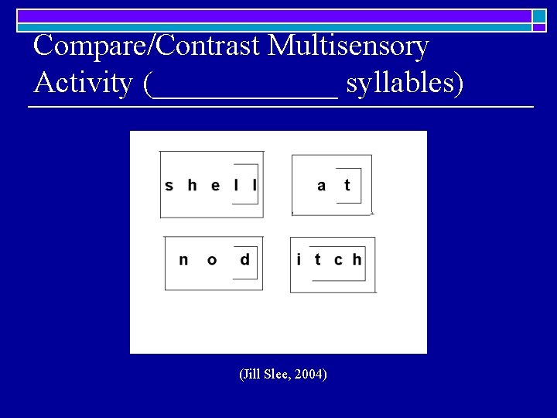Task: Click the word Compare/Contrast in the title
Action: pyautogui.click(x=148, y=46)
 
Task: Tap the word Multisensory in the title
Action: pyautogui.click(x=348, y=46)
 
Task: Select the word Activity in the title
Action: pyautogui.click(x=84, y=82)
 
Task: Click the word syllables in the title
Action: pyautogui.click(x=405, y=83)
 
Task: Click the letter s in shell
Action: pyautogui.click(x=169, y=186)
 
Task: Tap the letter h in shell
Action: pyautogui.click(x=192, y=185)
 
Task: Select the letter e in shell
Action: pyautogui.click(x=215, y=186)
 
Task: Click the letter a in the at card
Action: pyautogui.click(x=322, y=186)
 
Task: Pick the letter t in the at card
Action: pyautogui.click(x=347, y=185)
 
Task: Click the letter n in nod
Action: pyautogui.click(x=183, y=260)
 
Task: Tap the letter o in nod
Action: pyautogui.click(x=212, y=260)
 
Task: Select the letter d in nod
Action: pyautogui.click(x=245, y=259)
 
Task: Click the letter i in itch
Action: pyautogui.click(x=299, y=259)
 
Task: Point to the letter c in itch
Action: pyautogui.click(x=338, y=260)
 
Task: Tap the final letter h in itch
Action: pyautogui.click(x=357, y=259)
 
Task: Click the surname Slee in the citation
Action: pyautogui.click(x=277, y=375)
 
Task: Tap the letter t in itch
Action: pyautogui.click(x=317, y=259)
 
